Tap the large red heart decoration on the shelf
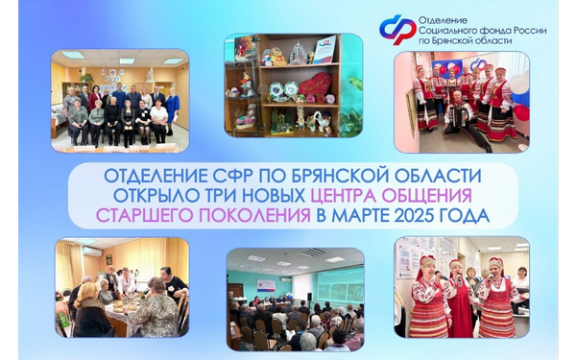click(312, 87)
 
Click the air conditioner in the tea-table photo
click(92, 251)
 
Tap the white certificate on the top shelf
click(324, 47)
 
